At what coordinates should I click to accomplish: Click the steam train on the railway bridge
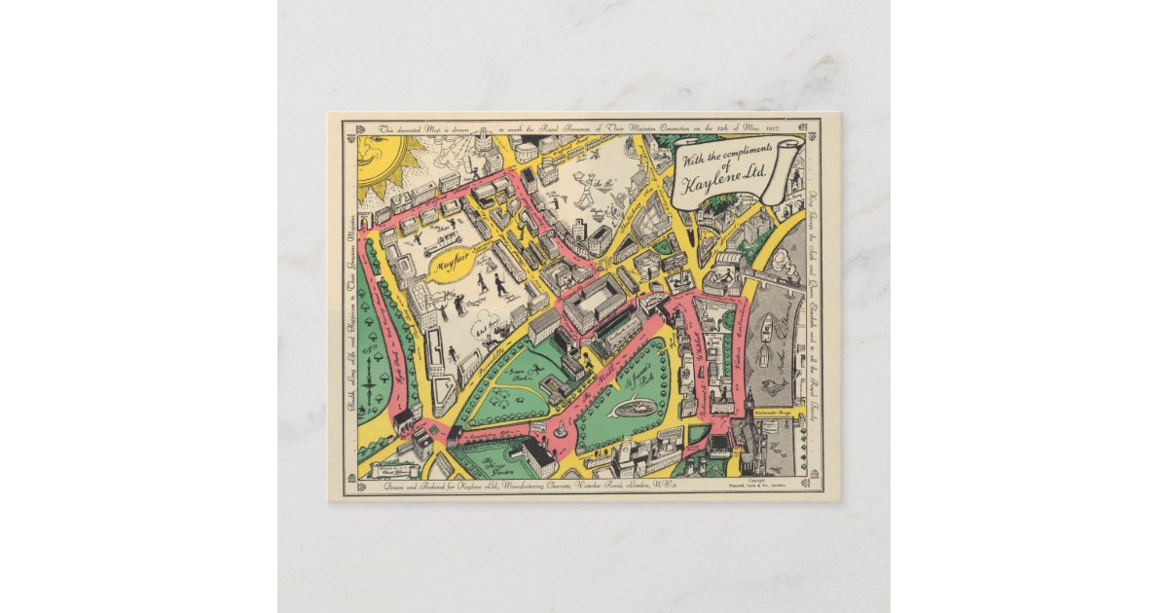(779, 276)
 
